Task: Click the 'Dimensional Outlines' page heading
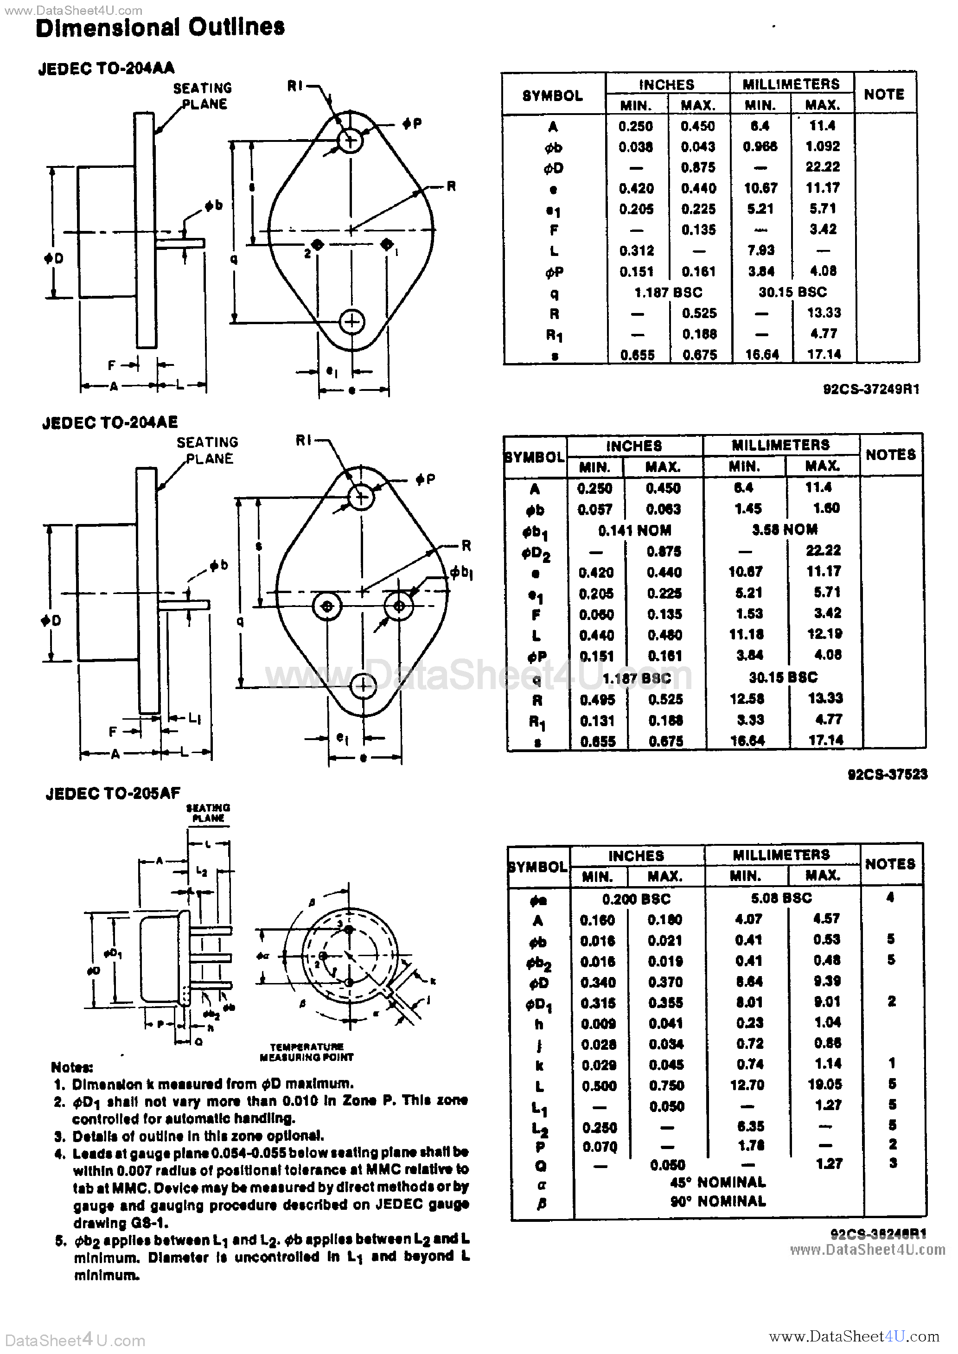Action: [160, 27]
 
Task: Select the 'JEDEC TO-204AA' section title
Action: [106, 69]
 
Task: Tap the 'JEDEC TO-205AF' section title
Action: [113, 793]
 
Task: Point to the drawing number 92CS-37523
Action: [887, 774]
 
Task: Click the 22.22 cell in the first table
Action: [822, 167]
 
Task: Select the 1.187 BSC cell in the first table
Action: [668, 293]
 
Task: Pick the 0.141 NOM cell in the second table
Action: [634, 530]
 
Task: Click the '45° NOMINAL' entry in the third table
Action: [717, 1182]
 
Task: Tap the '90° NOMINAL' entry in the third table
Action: [717, 1201]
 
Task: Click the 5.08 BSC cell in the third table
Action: [781, 898]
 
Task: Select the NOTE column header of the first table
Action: [884, 94]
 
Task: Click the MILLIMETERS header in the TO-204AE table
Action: [780, 445]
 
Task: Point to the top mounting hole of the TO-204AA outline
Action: [351, 141]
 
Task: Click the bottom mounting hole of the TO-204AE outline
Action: [362, 686]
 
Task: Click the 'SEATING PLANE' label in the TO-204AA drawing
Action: [202, 96]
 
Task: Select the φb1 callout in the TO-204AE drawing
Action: [461, 572]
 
